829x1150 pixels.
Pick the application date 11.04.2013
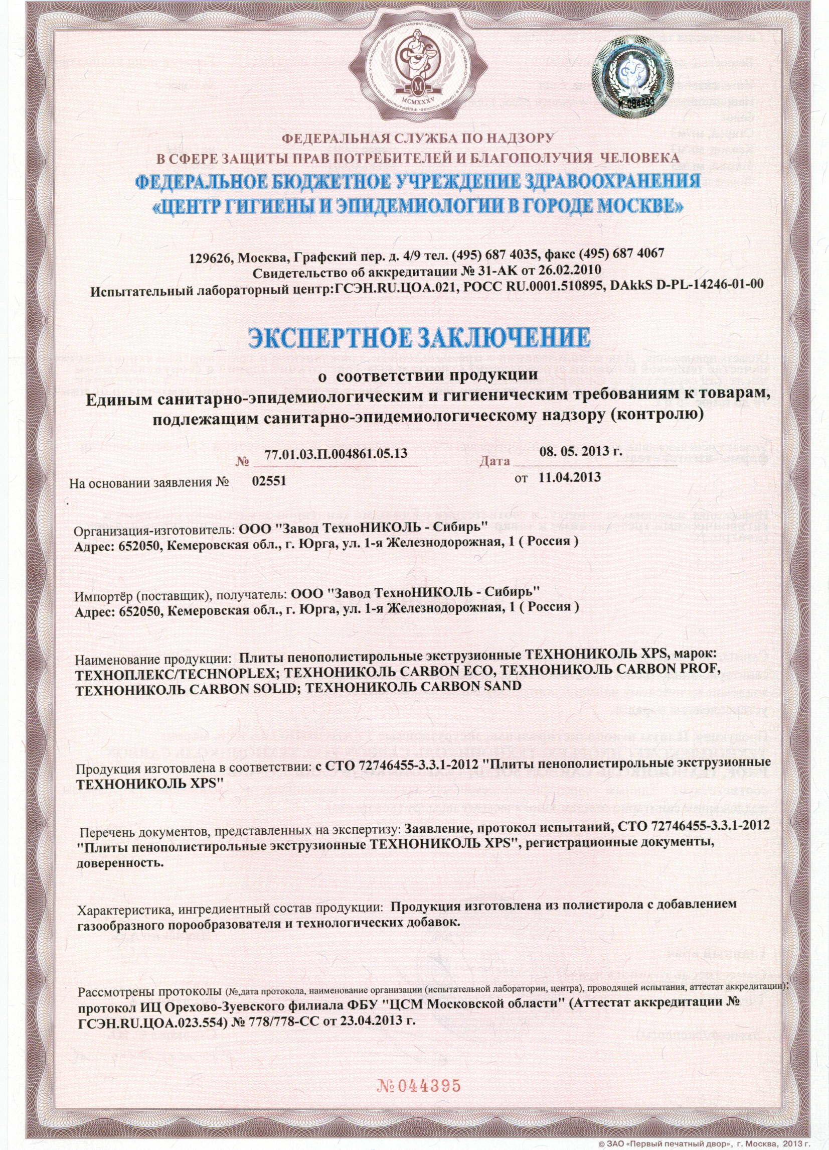point(570,477)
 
